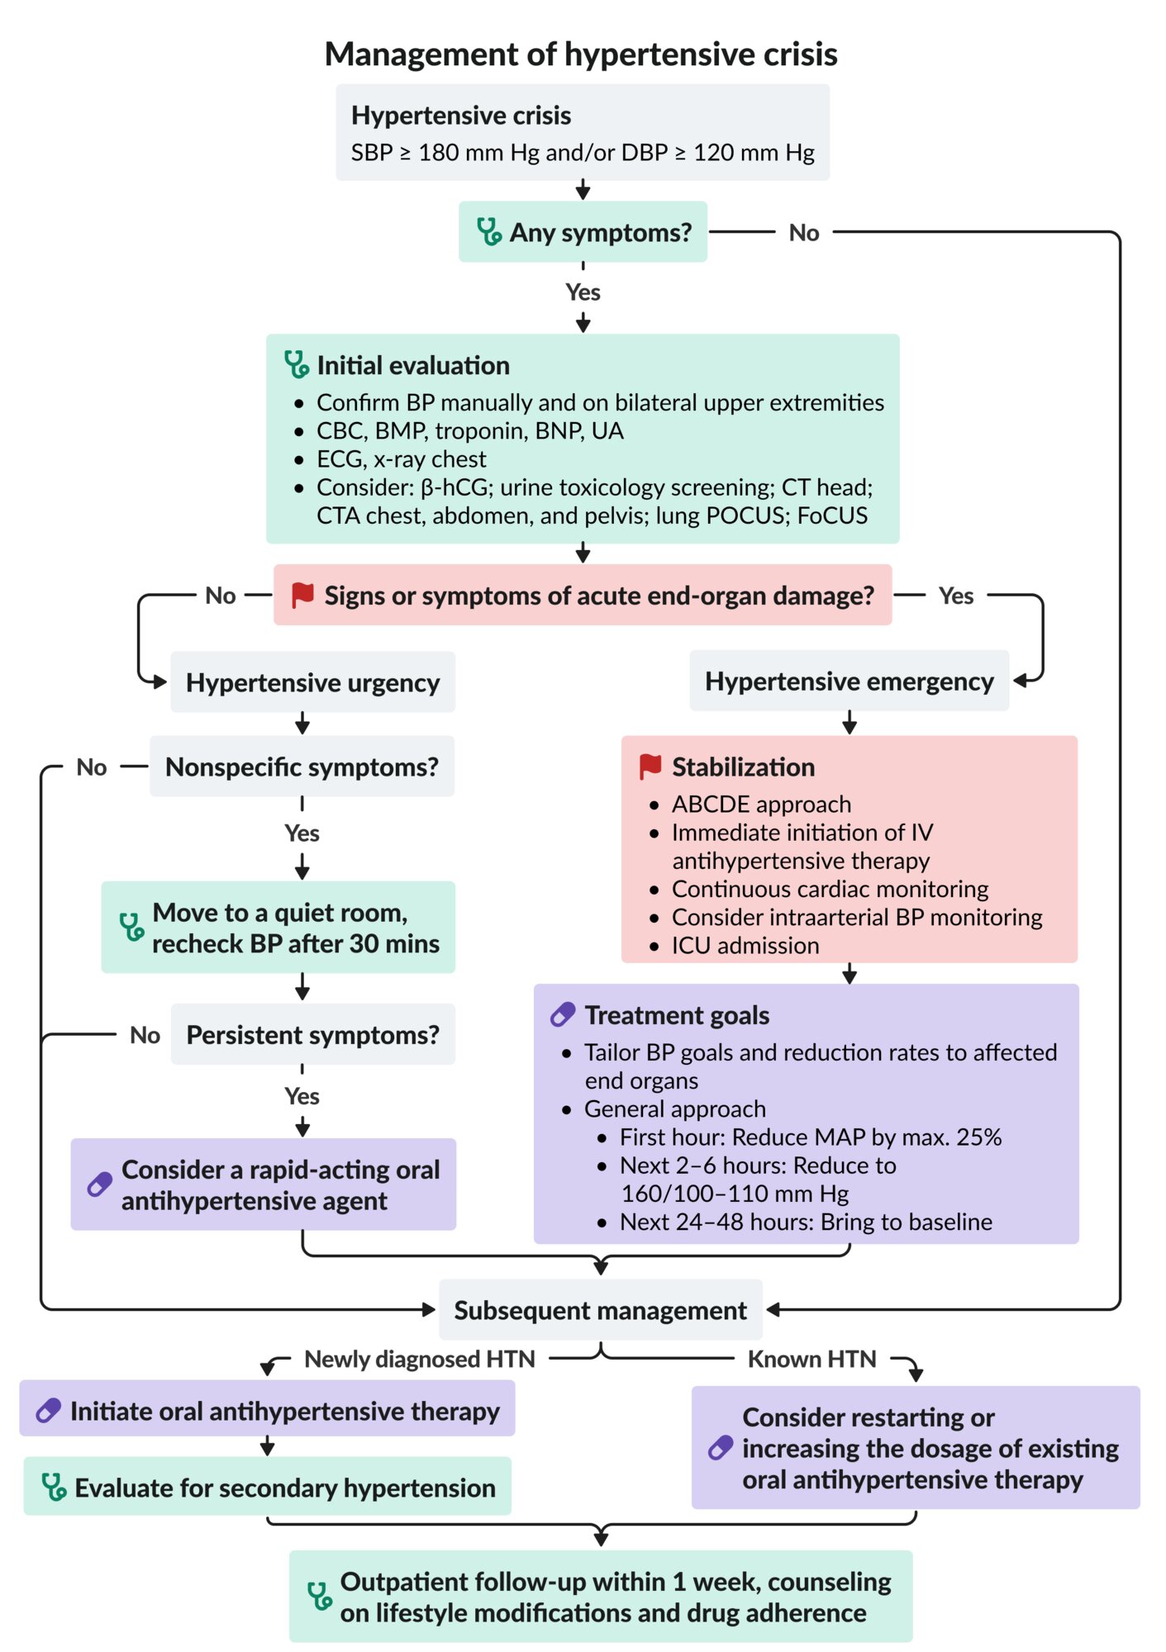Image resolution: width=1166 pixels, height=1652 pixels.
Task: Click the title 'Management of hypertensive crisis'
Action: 581,55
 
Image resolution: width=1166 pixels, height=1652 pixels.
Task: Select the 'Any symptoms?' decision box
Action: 583,232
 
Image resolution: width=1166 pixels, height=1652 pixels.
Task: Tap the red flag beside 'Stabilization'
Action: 650,767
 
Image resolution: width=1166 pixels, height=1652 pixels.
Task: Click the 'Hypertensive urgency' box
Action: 312,682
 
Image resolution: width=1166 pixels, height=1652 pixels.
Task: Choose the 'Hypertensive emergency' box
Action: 849,681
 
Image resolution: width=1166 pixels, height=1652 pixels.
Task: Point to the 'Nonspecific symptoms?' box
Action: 302,767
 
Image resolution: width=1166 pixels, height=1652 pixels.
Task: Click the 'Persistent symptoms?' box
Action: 312,1035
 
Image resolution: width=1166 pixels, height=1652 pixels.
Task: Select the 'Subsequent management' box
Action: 600,1310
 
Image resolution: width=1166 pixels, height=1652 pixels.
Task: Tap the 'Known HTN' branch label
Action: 811,1360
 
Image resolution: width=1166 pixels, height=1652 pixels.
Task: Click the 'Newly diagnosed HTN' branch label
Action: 419,1360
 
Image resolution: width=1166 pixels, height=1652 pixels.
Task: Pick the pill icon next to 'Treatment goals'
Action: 563,1014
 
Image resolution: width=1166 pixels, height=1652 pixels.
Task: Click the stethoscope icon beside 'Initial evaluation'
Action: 296,364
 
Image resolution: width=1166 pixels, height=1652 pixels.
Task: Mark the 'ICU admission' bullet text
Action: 745,946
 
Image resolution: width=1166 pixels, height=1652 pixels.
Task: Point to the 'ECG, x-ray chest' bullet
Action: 402,459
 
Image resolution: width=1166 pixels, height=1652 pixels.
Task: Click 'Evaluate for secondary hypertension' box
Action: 267,1488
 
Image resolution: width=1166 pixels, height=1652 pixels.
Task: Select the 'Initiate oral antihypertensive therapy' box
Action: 267,1412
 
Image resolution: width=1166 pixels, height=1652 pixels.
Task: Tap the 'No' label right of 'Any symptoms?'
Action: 803,233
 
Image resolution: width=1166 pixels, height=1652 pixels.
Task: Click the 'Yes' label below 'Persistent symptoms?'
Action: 302,1096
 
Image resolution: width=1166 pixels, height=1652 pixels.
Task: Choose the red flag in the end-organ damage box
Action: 302,595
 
